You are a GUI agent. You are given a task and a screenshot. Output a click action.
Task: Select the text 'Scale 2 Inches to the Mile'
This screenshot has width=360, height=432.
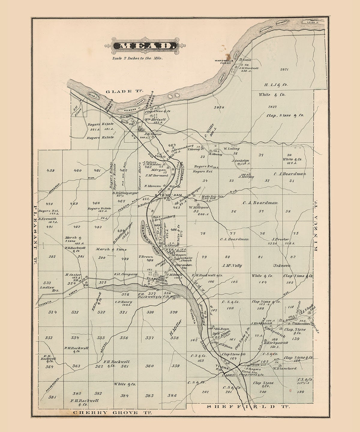[137, 58]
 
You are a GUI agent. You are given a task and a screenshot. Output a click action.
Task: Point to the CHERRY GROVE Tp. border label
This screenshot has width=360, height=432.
[112, 412]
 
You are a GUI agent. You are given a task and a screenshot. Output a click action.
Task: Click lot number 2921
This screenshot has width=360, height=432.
[284, 70]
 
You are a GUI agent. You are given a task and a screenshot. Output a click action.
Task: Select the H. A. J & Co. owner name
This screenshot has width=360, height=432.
[276, 85]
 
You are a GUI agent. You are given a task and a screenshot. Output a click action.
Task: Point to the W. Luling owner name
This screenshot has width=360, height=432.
[231, 148]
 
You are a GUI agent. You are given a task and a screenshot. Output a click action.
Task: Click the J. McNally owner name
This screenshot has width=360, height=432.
[232, 265]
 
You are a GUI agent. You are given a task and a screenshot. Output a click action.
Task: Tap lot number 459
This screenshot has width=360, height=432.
[50, 170]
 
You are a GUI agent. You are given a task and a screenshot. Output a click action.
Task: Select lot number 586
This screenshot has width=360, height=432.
[172, 395]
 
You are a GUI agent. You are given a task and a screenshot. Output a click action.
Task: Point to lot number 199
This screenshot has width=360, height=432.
[301, 392]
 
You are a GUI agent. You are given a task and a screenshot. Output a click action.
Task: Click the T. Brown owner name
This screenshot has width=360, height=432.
[146, 256]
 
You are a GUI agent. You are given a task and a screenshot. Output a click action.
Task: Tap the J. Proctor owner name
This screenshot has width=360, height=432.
[280, 239]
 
